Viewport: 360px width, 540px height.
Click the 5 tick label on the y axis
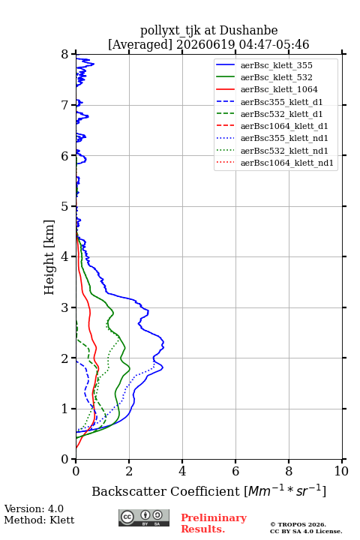tap(65, 207)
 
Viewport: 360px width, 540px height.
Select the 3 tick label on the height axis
tap(65, 307)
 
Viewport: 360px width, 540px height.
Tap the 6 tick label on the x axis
tap(235, 471)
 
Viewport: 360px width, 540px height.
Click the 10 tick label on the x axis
tap(341, 471)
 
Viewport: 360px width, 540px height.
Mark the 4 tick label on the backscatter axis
tap(182, 471)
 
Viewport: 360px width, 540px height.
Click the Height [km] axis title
tap(49, 257)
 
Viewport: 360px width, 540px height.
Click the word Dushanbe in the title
tap(248, 31)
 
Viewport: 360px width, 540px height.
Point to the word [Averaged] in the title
tap(140, 45)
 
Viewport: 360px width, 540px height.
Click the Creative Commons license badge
tap(144, 517)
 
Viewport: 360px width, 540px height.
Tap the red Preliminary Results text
tap(214, 523)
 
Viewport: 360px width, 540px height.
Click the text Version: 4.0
tap(34, 508)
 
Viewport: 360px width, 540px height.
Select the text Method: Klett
tap(39, 520)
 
